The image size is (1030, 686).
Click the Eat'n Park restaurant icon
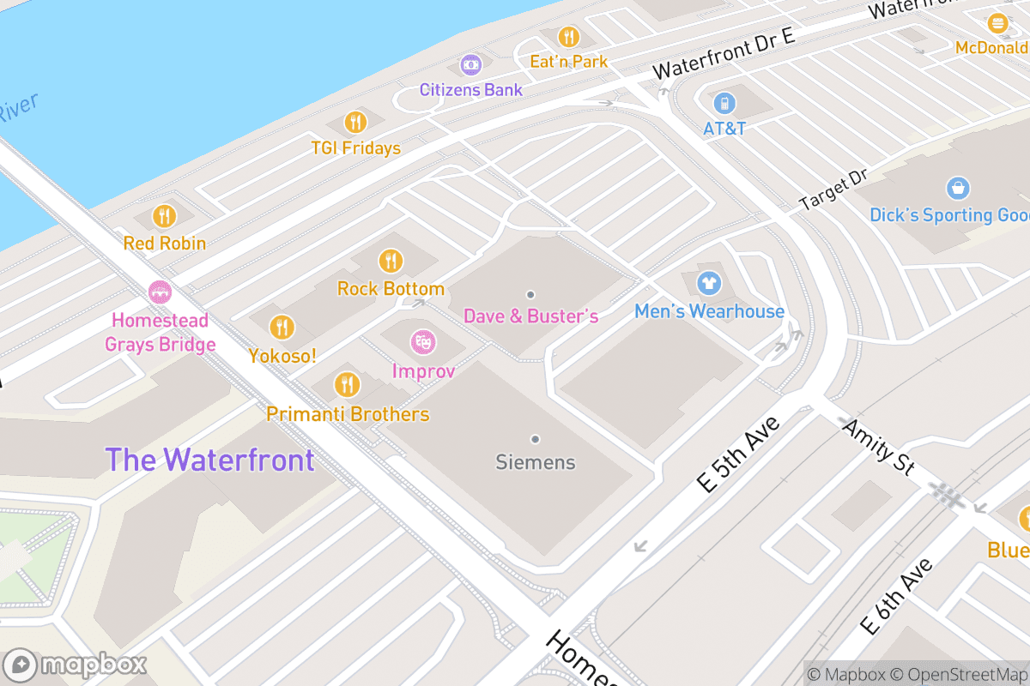567,37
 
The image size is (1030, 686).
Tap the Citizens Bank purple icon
470,64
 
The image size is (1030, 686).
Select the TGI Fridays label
356,148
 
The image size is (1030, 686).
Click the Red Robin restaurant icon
164,217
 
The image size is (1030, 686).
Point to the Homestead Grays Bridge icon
160,292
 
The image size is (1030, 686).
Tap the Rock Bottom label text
391,289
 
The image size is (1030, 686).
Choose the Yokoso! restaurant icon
281,327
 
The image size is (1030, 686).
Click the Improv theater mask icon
422,343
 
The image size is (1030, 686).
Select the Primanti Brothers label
348,414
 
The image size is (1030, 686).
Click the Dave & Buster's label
530,316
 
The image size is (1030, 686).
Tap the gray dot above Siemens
535,439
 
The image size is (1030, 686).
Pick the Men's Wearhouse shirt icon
708,282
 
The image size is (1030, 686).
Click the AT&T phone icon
725,104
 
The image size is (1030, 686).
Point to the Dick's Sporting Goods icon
957,188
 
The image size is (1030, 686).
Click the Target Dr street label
833,191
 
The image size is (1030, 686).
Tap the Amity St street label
876,445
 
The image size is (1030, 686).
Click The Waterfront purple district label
209,460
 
